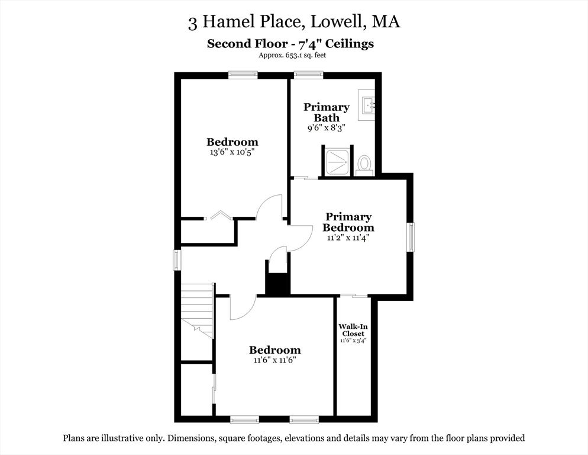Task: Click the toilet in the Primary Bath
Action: (x=364, y=164)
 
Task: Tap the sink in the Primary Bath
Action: (x=367, y=105)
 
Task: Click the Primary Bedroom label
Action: (x=349, y=222)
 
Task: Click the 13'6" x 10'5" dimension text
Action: (x=232, y=152)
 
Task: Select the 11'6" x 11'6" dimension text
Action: (x=274, y=360)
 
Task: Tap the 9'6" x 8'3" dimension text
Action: (x=327, y=127)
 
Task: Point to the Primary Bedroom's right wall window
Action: (x=411, y=237)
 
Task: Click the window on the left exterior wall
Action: (x=176, y=260)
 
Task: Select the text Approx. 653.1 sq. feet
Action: (x=292, y=55)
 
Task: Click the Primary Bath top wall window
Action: (x=308, y=75)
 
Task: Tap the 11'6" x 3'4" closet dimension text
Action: (x=353, y=341)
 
